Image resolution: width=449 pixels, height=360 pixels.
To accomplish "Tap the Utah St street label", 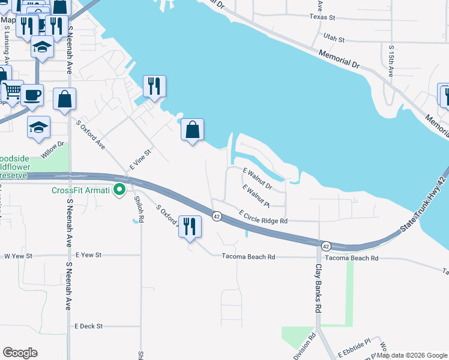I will tap(334, 38).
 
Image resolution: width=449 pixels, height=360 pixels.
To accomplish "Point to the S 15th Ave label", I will tap(391, 61).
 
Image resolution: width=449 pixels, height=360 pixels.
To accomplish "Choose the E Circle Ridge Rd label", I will tap(264, 217).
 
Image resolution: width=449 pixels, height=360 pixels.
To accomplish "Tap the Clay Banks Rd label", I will tap(319, 283).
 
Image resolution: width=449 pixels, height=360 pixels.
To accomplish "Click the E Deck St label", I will tap(89, 326).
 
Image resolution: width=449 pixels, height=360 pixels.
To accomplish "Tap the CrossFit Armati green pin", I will tap(119, 190).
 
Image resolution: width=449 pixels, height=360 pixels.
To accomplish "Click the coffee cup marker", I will tap(32, 94).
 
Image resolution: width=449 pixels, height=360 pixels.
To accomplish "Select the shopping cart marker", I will tap(11, 91).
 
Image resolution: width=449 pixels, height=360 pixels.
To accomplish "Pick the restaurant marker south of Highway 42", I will tap(190, 226).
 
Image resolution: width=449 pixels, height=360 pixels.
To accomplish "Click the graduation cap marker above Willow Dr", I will tap(39, 127).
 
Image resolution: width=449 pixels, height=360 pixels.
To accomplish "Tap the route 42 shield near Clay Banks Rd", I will tap(325, 246).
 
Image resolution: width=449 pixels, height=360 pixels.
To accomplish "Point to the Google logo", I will tap(20, 353).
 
